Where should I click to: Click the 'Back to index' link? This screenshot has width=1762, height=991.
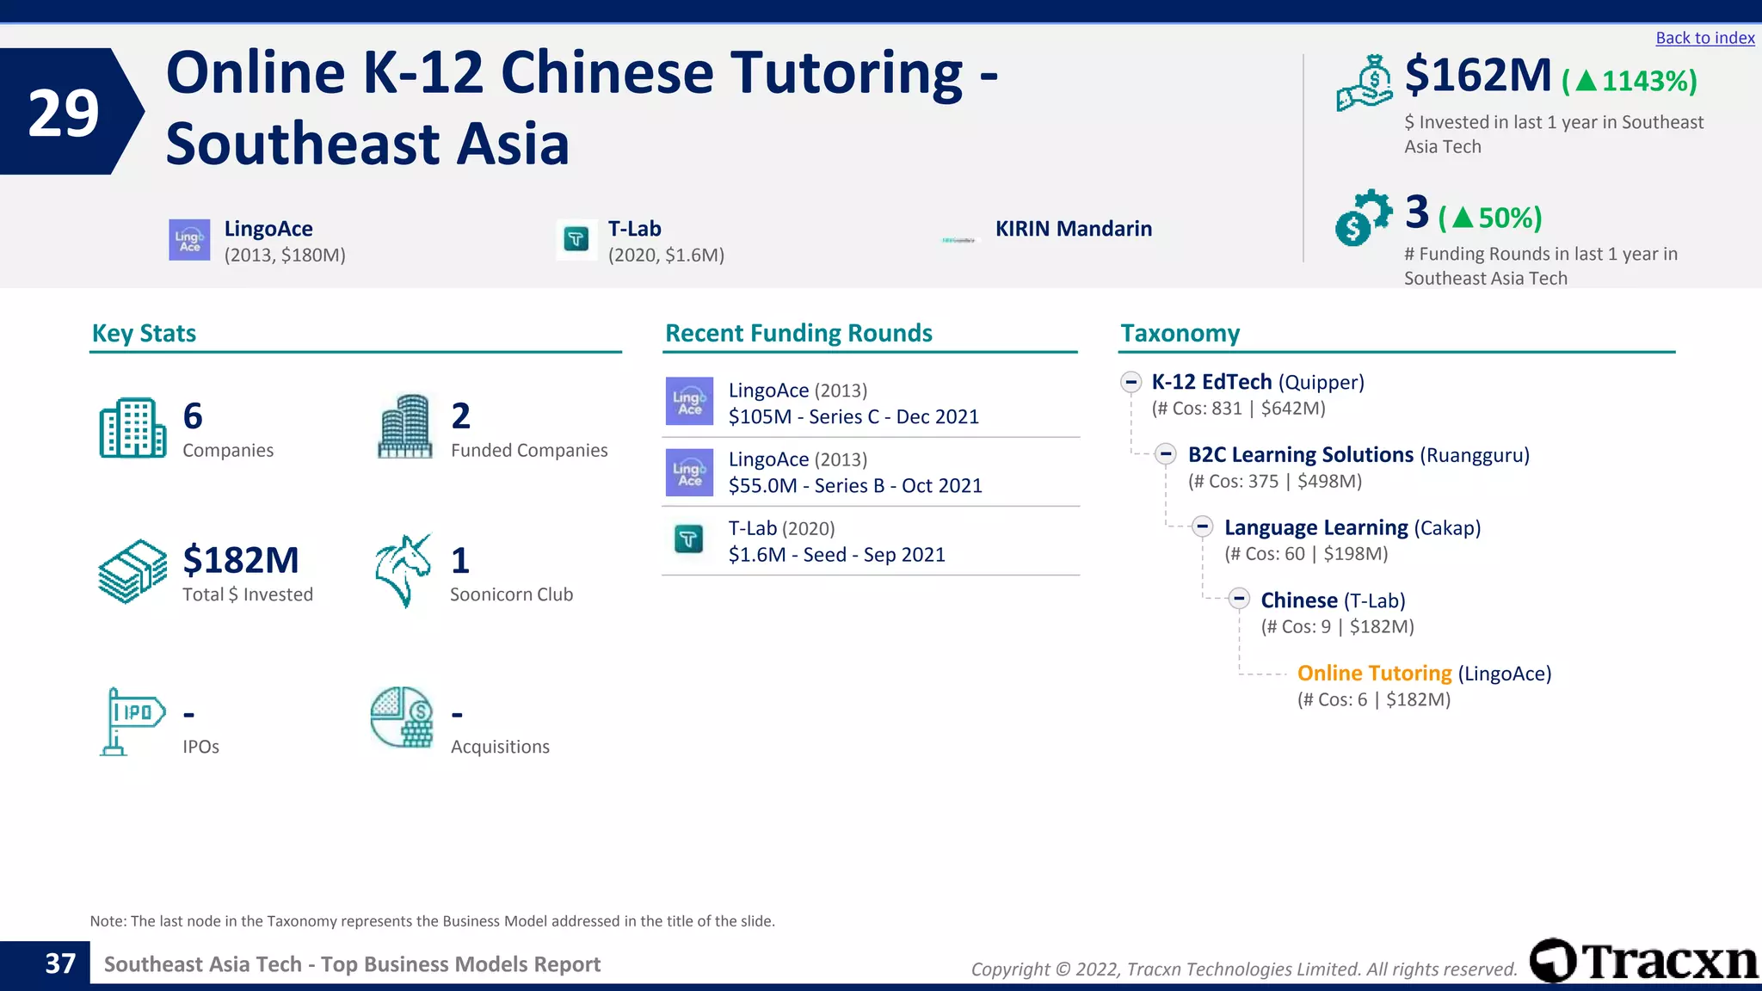1704,38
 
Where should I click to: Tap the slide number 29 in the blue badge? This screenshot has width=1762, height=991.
64,113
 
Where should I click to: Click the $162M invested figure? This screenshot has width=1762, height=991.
1478,76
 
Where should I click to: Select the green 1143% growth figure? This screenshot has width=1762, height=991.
1630,81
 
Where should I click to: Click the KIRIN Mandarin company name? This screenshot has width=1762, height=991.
1073,229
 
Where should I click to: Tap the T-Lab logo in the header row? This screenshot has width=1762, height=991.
576,239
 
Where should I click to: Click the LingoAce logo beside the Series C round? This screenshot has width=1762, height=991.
689,402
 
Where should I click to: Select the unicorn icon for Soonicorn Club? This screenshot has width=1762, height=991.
403,570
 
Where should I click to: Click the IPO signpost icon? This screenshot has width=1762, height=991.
132,720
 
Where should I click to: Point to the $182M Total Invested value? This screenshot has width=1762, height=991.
241,560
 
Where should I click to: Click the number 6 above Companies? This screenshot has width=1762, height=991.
193,416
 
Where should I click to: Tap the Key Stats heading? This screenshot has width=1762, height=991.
144,333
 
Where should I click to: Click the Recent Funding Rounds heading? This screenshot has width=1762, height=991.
798,333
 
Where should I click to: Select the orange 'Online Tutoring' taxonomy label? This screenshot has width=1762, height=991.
1374,673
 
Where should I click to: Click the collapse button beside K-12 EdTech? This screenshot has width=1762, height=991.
1131,382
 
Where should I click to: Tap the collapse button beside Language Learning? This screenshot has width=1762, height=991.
1203,526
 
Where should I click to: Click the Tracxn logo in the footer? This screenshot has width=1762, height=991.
1643,960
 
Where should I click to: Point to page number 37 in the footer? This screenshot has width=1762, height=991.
60,963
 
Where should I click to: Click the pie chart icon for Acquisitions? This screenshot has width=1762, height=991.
402,717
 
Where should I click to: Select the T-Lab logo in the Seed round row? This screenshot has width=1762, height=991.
688,539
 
